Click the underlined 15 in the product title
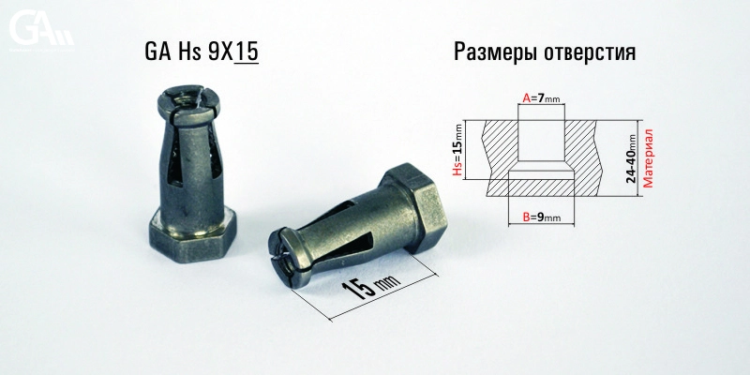247,52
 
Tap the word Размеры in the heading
495,52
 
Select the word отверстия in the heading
591,52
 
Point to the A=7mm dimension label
541,98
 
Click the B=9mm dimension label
542,217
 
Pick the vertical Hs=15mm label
458,149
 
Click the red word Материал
648,158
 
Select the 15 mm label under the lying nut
369,286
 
